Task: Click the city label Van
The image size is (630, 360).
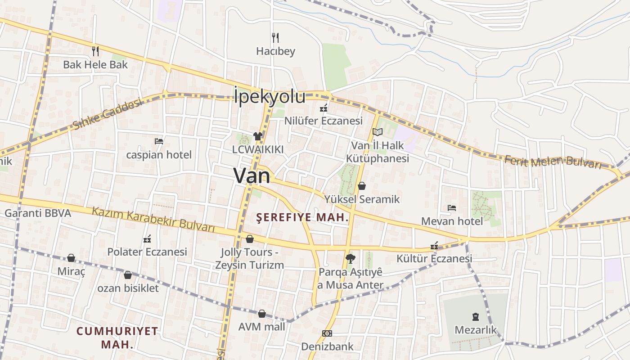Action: click(x=252, y=175)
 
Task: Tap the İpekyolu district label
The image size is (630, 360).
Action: click(x=270, y=97)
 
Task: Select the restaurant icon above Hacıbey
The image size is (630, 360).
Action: click(x=275, y=37)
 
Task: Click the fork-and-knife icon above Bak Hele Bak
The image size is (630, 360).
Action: click(x=95, y=51)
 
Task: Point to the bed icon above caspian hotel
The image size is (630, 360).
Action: click(x=159, y=141)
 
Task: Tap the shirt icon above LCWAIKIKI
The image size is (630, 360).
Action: click(x=257, y=136)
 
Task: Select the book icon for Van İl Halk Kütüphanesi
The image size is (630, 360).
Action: click(x=378, y=132)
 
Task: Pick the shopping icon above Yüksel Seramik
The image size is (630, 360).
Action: click(x=362, y=186)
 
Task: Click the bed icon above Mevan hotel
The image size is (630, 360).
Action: click(x=452, y=208)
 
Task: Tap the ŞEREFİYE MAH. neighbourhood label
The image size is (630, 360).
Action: click(x=302, y=218)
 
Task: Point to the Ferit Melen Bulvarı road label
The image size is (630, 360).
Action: click(x=553, y=162)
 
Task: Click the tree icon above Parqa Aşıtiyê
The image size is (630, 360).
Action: click(x=350, y=259)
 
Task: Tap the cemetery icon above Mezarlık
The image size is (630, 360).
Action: click(x=476, y=316)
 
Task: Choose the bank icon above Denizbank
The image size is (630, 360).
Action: click(x=327, y=333)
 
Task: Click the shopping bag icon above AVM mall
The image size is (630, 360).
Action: click(x=262, y=314)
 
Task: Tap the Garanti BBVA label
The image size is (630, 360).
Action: click(x=38, y=213)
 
